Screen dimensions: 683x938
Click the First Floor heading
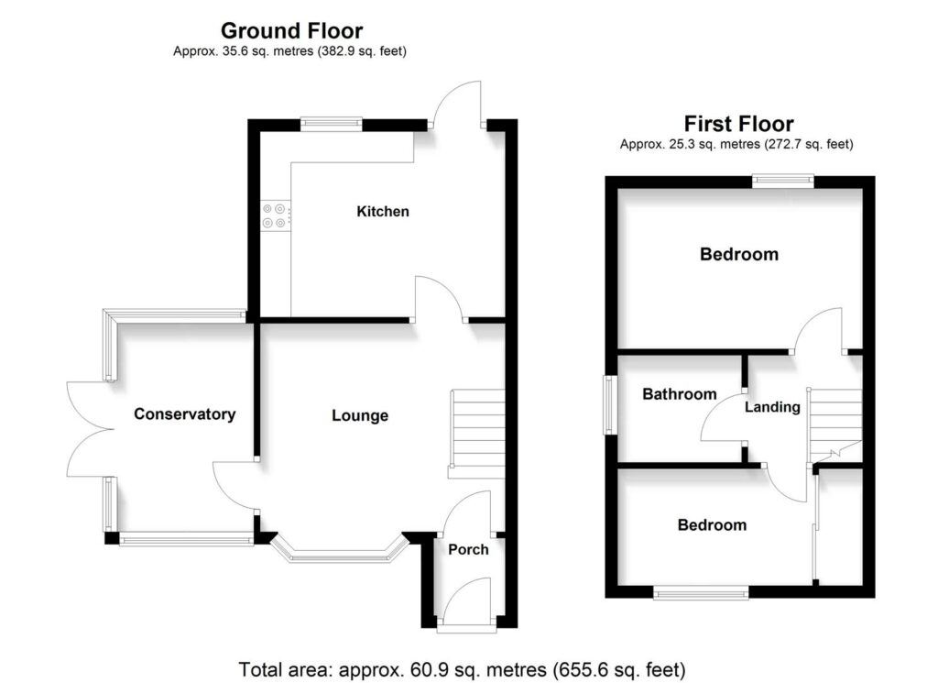[738, 124]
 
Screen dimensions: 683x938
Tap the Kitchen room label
[383, 212]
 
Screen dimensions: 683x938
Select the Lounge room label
[360, 416]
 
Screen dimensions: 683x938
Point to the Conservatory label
[184, 414]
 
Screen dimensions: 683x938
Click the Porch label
[468, 550]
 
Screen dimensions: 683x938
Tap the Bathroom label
[679, 394]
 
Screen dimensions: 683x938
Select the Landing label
[772, 407]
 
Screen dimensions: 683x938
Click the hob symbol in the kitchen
[274, 215]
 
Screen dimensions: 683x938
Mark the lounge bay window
[340, 553]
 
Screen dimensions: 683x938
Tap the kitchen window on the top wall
[333, 121]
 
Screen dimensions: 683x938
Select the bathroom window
[606, 404]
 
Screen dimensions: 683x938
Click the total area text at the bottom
[462, 667]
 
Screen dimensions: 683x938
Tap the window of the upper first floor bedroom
[782, 181]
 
